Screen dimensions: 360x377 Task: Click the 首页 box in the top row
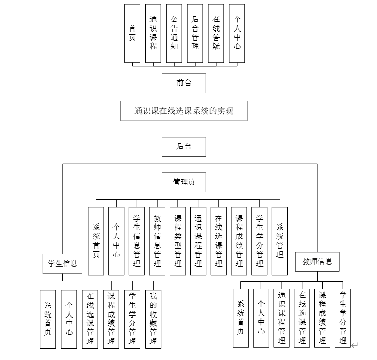[x=132, y=33]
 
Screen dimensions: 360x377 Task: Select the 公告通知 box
[x=174, y=33]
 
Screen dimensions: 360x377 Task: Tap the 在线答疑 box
[x=216, y=33]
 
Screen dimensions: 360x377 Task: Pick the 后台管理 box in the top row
[x=195, y=33]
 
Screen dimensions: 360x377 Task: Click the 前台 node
[x=184, y=83]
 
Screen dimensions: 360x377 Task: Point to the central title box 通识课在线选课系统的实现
[x=184, y=111]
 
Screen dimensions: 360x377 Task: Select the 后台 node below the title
[x=184, y=147]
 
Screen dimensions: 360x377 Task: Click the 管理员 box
[x=184, y=182]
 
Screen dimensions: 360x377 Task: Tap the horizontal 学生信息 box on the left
[x=63, y=264]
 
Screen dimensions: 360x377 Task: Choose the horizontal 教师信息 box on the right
[x=317, y=262]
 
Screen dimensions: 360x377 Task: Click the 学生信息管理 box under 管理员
[x=137, y=241]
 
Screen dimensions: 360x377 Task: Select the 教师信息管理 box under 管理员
[x=157, y=241]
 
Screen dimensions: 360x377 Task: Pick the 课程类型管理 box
[x=178, y=241]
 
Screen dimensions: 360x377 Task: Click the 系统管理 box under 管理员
[x=280, y=241]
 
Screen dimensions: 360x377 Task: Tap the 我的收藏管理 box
[x=153, y=319]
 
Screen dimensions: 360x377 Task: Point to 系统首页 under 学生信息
[x=48, y=319]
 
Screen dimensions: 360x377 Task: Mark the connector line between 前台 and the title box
[x=184, y=97]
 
